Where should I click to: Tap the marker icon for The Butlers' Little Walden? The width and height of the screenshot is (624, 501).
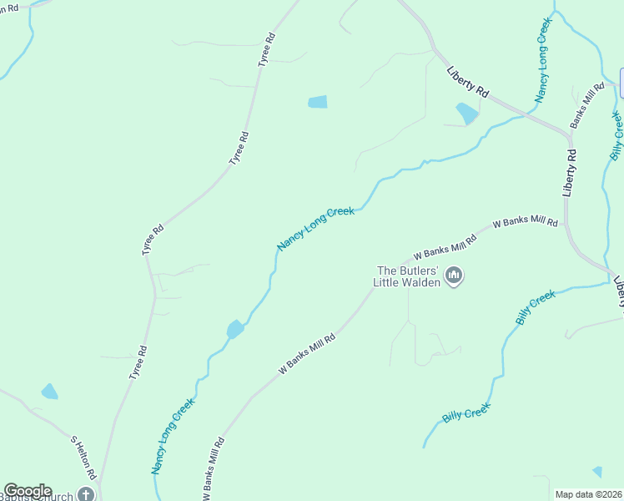pyautogui.click(x=454, y=276)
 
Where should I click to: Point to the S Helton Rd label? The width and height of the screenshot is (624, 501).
pyautogui.click(x=83, y=458)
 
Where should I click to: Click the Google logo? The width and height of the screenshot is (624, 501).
pyautogui.click(x=28, y=491)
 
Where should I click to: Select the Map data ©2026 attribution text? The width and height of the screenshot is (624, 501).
pyautogui.click(x=589, y=494)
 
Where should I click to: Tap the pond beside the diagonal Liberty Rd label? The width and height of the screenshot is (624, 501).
pyautogui.click(x=466, y=112)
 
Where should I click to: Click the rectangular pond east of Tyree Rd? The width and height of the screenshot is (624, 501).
pyautogui.click(x=318, y=102)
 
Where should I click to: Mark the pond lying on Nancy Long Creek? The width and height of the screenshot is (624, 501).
pyautogui.click(x=235, y=329)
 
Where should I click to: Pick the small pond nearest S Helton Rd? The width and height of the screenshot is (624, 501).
pyautogui.click(x=49, y=391)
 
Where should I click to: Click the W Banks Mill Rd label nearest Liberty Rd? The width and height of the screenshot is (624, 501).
pyautogui.click(x=525, y=223)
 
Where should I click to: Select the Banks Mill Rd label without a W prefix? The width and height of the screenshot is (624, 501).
pyautogui.click(x=587, y=105)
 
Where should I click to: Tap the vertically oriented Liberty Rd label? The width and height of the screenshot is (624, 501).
pyautogui.click(x=570, y=173)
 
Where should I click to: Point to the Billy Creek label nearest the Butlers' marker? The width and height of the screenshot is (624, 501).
pyautogui.click(x=535, y=307)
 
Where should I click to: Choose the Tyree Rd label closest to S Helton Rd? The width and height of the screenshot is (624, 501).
pyautogui.click(x=138, y=362)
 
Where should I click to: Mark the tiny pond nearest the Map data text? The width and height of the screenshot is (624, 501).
pyautogui.click(x=597, y=472)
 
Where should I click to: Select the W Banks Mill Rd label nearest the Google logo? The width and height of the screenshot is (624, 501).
pyautogui.click(x=214, y=469)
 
